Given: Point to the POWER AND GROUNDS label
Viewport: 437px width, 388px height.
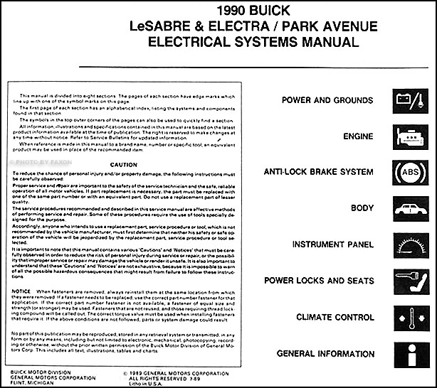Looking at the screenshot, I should tap(327, 100).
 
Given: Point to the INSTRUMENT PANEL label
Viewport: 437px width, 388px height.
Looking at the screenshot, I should tap(328, 245).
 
